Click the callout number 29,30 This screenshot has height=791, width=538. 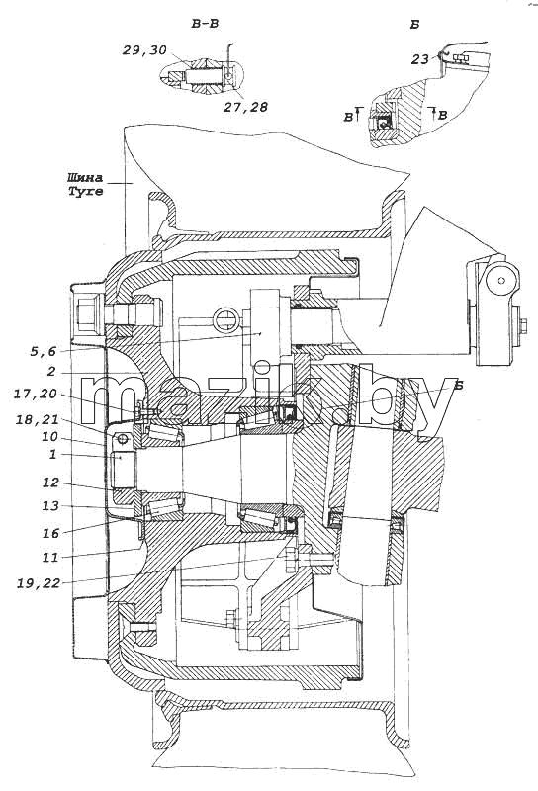click(x=143, y=50)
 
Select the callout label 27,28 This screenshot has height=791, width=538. click(x=246, y=107)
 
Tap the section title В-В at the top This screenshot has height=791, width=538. click(x=205, y=23)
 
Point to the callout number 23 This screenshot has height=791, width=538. click(x=420, y=59)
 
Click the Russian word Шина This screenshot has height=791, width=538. click(x=84, y=178)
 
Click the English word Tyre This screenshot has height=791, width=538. click(x=85, y=192)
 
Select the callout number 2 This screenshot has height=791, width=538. click(x=51, y=373)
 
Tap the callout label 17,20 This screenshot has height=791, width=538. click(x=35, y=394)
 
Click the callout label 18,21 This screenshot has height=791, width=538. click(x=37, y=419)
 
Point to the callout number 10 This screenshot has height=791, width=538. click(x=50, y=437)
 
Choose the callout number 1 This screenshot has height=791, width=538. click(x=52, y=455)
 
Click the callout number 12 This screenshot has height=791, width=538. click(x=50, y=483)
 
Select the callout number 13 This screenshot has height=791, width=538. click(x=50, y=505)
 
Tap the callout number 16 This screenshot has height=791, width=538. click(x=50, y=533)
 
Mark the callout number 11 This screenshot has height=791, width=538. click(x=50, y=558)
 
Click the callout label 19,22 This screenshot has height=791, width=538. click(x=39, y=583)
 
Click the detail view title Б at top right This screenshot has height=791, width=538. click(x=414, y=24)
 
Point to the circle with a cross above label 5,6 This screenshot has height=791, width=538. click(x=225, y=320)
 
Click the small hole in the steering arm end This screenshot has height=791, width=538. click(x=501, y=280)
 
